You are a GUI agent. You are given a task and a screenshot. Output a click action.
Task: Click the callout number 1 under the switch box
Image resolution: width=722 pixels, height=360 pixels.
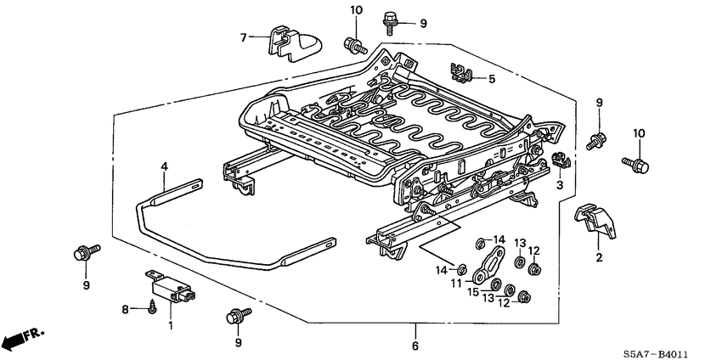(171, 326)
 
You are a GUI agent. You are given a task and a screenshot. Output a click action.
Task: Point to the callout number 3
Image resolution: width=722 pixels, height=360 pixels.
(560, 185)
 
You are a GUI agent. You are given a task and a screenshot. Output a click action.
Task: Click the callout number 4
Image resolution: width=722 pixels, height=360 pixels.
(165, 168)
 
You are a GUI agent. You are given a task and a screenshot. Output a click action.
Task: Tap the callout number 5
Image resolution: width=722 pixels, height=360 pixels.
(490, 79)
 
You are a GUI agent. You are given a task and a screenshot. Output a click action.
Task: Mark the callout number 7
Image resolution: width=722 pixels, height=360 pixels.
(244, 37)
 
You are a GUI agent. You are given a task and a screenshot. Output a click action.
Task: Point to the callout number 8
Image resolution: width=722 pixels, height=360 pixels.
(126, 310)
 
